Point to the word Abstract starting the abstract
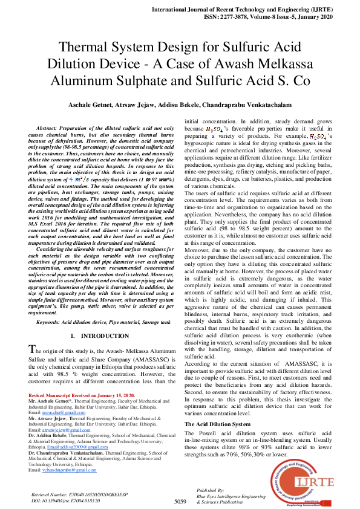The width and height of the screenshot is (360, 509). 50,129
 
